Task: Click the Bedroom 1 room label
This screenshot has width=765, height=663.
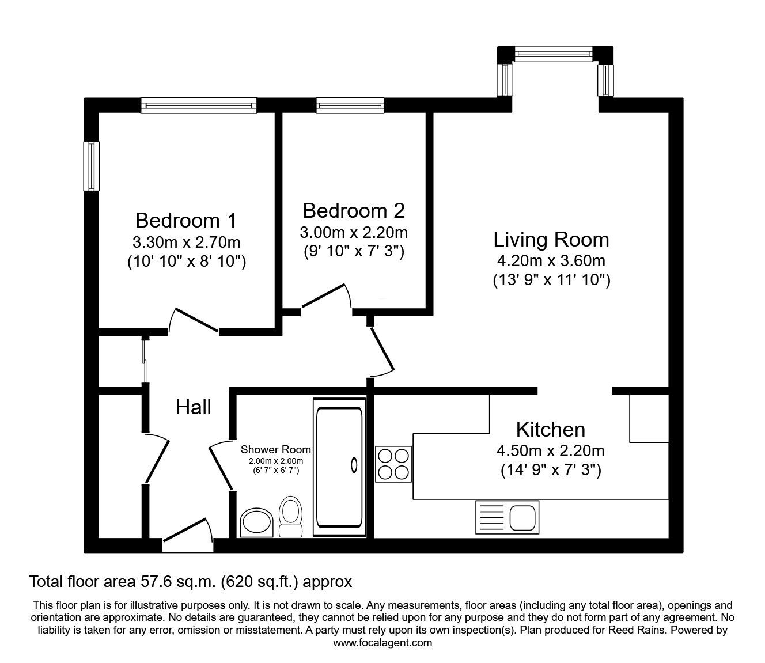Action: click(185, 220)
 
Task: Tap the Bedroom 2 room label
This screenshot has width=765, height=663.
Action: click(353, 210)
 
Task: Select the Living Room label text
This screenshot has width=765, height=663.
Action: click(551, 239)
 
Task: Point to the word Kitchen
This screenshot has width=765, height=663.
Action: click(550, 429)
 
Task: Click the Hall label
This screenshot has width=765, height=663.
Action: click(193, 407)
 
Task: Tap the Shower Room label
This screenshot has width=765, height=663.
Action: click(275, 449)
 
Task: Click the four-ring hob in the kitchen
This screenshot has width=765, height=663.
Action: click(393, 464)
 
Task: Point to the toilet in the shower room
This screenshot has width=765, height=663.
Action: click(290, 516)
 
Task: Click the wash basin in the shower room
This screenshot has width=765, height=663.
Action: click(256, 522)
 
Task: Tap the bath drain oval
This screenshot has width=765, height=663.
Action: click(353, 464)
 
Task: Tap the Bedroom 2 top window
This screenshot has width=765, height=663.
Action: click(350, 105)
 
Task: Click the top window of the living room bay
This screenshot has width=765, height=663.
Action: click(553, 55)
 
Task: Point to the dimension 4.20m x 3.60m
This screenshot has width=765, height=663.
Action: click(551, 260)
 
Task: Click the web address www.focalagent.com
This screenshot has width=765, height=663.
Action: click(382, 643)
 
